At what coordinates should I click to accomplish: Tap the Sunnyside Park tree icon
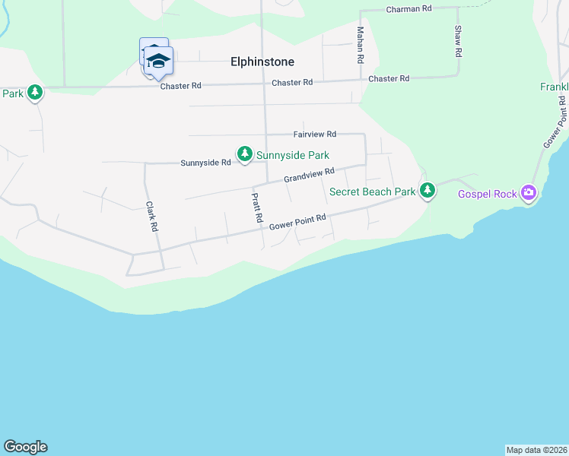point(244,154)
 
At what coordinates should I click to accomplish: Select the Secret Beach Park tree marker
point(428,190)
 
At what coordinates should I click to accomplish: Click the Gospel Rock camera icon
point(529,194)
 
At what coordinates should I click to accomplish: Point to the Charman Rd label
point(408,8)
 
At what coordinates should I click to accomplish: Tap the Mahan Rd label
point(361,45)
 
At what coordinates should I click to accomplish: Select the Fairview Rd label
point(315,134)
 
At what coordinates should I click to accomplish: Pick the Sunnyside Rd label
point(205,163)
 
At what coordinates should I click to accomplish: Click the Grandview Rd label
point(309,176)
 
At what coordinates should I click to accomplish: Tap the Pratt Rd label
point(257,207)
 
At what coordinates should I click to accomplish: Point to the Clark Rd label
point(151,216)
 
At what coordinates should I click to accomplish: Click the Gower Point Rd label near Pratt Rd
point(297,222)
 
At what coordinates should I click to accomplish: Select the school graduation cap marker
point(159,61)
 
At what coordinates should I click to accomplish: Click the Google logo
point(25,447)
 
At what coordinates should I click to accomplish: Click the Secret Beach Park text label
point(373,192)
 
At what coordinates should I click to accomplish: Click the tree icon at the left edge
point(34,93)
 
